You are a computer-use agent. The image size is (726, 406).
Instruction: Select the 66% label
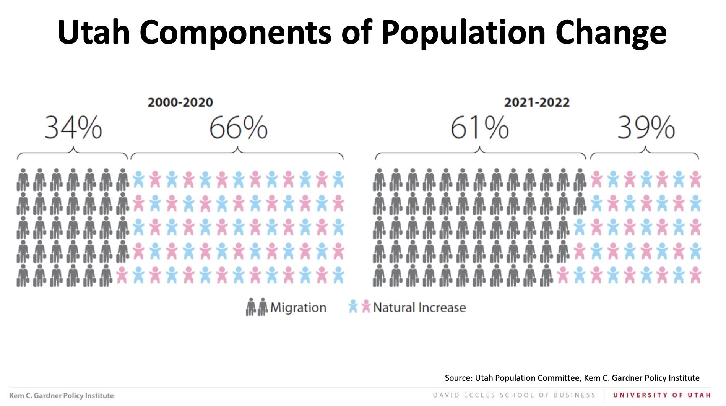click(238, 128)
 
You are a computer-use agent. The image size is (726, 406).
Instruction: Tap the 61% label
click(479, 128)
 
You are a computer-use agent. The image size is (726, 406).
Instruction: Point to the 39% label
click(646, 128)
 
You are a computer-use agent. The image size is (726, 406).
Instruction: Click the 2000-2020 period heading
click(180, 102)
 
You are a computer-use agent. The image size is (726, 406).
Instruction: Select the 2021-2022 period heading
click(537, 102)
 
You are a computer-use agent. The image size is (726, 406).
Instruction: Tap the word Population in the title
click(463, 32)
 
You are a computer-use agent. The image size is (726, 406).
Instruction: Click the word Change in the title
click(611, 32)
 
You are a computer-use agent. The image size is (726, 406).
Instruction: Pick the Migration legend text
click(298, 307)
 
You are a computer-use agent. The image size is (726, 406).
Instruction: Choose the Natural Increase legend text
click(419, 307)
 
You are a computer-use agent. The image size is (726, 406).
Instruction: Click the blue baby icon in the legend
click(353, 307)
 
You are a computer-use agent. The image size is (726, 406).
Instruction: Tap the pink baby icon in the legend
click(366, 307)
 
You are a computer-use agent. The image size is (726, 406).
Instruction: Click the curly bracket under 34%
click(73, 153)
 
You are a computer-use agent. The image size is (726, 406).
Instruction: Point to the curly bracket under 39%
click(645, 153)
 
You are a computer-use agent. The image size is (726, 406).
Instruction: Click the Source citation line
click(572, 378)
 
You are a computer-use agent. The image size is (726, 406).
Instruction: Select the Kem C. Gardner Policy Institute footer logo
click(62, 396)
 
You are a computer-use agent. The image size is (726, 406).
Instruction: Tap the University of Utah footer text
click(662, 395)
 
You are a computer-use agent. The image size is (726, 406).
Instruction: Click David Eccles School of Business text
click(514, 395)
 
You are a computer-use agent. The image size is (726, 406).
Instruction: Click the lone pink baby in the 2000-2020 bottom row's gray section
click(122, 275)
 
